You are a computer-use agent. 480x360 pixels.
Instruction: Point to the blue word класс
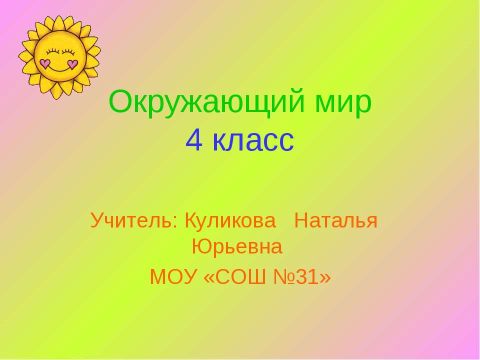pyautogui.click(x=253, y=141)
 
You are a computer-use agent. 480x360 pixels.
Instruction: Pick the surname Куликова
pyautogui.click(x=230, y=220)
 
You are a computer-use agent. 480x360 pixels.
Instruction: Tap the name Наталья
pyautogui.click(x=335, y=220)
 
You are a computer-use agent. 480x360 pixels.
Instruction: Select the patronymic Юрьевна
pyautogui.click(x=237, y=246)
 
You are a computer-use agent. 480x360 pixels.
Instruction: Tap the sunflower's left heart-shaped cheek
pyautogui.click(x=45, y=63)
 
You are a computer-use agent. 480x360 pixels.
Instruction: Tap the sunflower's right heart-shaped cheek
pyautogui.click(x=72, y=64)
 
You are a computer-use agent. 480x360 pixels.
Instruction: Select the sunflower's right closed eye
pyautogui.click(x=68, y=51)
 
